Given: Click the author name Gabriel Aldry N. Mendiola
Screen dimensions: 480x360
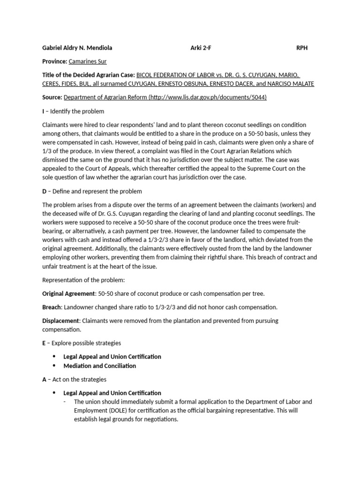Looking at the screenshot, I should click(77, 48).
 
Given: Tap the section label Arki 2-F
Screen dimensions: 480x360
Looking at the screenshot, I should click(201, 48).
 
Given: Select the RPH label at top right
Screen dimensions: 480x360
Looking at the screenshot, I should click(302, 48).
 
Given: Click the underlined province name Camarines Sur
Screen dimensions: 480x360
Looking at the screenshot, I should click(90, 61).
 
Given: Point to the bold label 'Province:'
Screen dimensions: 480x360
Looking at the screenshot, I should click(55, 61).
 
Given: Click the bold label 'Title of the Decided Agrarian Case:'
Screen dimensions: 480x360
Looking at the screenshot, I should click(89, 75).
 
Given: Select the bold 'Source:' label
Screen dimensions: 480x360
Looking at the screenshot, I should click(52, 97).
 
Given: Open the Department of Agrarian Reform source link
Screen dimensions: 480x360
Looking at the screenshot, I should click(165, 97).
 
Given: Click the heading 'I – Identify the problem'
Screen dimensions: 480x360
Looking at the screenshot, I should click(73, 111).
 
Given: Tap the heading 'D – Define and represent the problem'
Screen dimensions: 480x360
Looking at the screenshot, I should click(92, 191).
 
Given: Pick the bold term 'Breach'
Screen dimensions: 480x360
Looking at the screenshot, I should click(52, 307).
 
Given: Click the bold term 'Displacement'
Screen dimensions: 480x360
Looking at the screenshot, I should click(61, 321).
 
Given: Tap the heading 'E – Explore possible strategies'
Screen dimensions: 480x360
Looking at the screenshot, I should click(82, 343).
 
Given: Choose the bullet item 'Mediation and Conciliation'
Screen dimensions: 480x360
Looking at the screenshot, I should click(99, 366).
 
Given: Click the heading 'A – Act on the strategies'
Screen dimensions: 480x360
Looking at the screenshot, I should click(74, 379).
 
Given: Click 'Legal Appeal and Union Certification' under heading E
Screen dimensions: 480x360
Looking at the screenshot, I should click(112, 357).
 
